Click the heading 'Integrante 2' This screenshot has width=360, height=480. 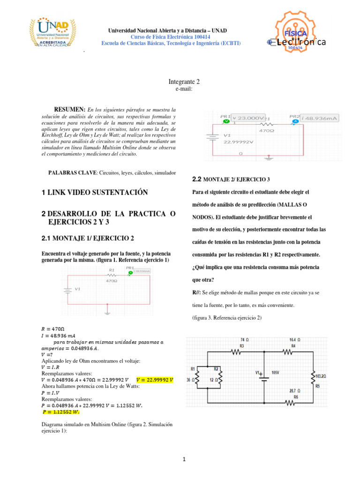pos(184,82)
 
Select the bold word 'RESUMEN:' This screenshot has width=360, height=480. pos(70,109)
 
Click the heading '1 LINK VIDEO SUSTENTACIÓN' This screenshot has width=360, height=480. pos(94,193)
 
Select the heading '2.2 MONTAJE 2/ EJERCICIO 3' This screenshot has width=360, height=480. pos(231,180)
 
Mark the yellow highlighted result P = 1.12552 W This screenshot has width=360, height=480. pos(61,399)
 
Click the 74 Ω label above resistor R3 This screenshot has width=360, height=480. pos(242,339)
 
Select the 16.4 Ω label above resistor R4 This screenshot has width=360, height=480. pos(295,339)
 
